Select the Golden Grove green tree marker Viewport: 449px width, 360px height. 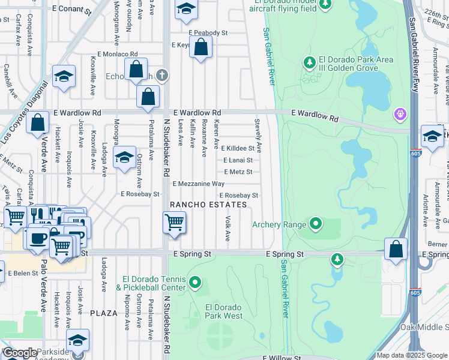click(310, 62)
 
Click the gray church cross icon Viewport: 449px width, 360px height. click(161, 76)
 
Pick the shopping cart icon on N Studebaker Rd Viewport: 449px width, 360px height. click(174, 222)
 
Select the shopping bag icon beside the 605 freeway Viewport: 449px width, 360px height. click(396, 249)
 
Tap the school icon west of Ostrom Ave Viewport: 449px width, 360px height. click(124, 157)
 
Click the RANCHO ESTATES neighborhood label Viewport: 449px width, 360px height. click(208, 205)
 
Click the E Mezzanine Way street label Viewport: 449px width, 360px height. click(198, 184)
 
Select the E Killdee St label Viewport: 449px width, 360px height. click(238, 148)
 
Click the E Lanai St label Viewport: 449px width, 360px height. click(238, 160)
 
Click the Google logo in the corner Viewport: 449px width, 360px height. click(19, 353)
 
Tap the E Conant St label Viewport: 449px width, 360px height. click(71, 11)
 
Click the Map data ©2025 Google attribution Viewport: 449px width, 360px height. click(411, 355)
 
